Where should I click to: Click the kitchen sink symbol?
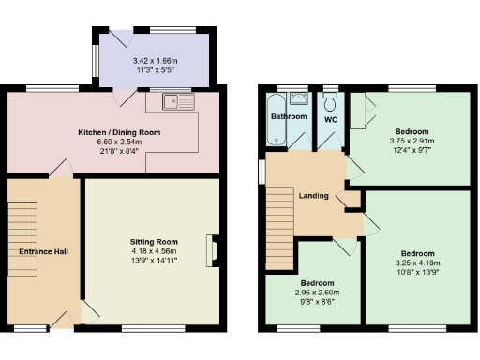(x=175, y=101)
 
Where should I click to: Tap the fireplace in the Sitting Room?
(x=214, y=250)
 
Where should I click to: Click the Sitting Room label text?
(x=154, y=242)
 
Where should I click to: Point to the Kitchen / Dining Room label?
(x=119, y=133)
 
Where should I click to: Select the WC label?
(x=330, y=120)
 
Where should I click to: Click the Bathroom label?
(x=289, y=116)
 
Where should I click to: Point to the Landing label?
(x=313, y=196)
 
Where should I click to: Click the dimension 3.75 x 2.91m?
(x=413, y=141)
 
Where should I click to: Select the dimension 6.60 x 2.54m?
(x=119, y=142)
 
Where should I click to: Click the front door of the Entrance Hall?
(x=66, y=319)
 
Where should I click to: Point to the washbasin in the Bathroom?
(x=299, y=97)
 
